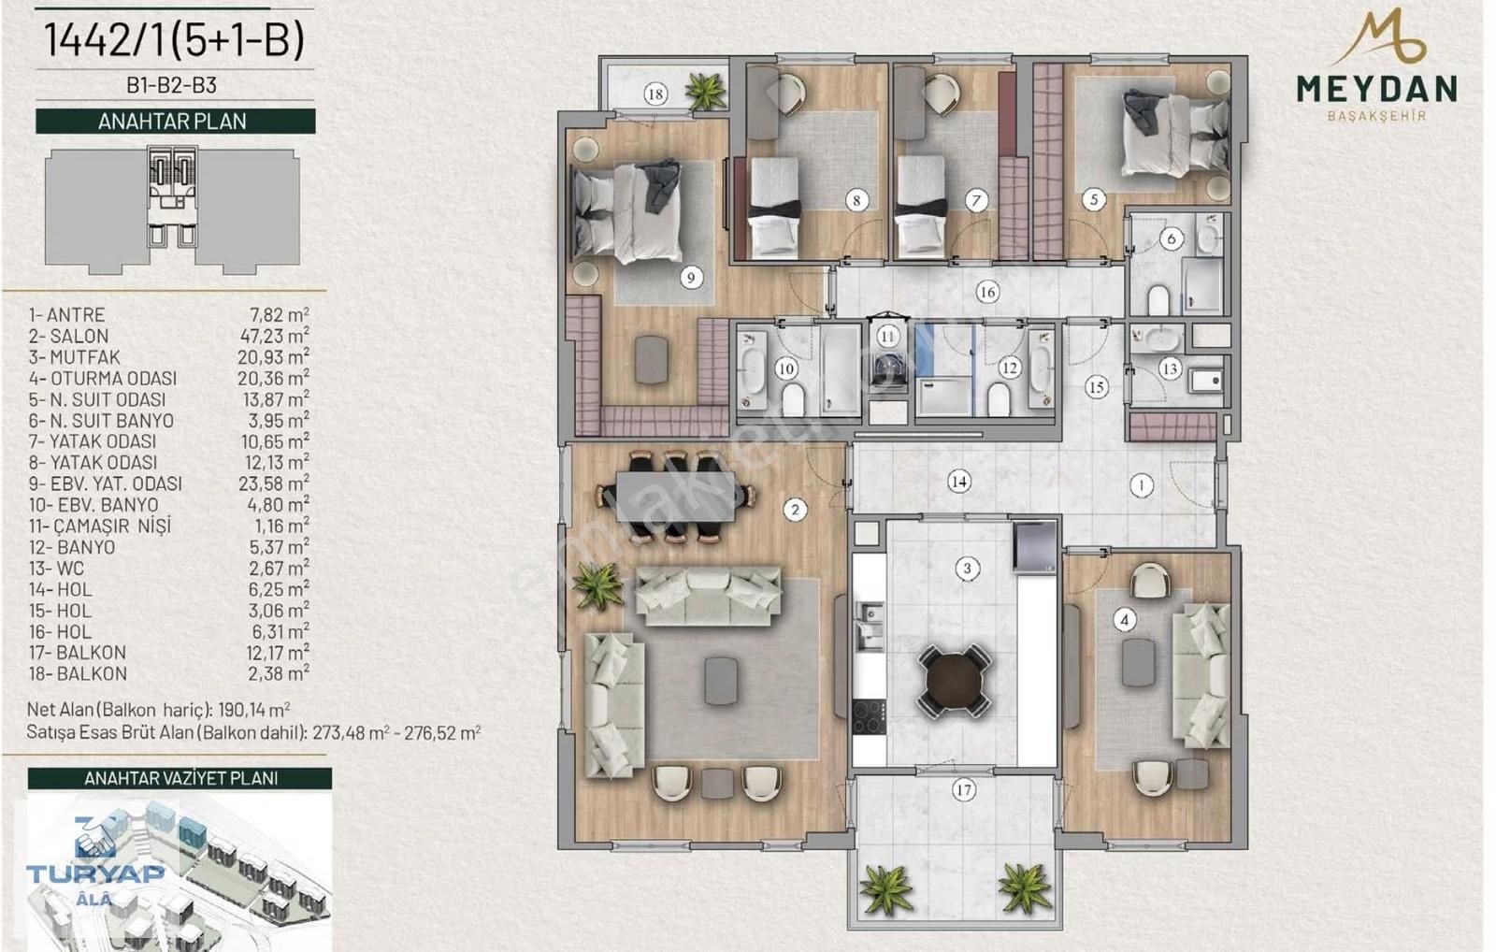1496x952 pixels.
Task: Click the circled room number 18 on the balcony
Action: (x=655, y=94)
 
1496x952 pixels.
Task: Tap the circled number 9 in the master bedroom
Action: (x=691, y=277)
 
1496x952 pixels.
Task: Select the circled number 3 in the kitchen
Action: (x=967, y=569)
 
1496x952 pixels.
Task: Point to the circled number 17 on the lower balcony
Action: (x=963, y=790)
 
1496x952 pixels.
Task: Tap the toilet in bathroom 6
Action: (x=1158, y=300)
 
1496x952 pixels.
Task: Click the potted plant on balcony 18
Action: (x=705, y=91)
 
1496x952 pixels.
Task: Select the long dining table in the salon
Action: (x=676, y=497)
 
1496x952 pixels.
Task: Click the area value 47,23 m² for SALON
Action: (x=274, y=336)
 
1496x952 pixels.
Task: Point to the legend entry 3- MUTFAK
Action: (x=74, y=357)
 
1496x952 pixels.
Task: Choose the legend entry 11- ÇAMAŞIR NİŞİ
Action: (x=99, y=526)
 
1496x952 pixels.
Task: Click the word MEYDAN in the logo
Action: (x=1376, y=89)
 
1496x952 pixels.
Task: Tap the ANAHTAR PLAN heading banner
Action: (x=175, y=122)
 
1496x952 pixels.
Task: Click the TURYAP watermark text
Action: (x=94, y=873)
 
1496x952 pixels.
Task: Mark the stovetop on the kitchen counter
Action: (x=870, y=717)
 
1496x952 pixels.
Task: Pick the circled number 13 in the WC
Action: (x=1169, y=369)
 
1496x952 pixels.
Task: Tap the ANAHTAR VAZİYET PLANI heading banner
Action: (x=180, y=779)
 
